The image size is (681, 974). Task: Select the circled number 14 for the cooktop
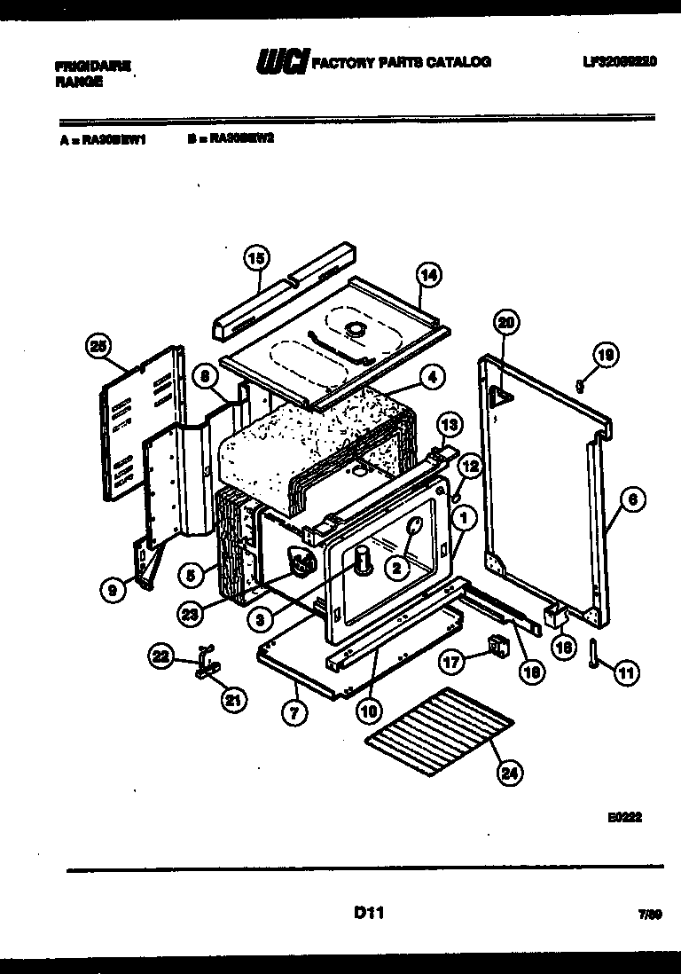pyautogui.click(x=428, y=276)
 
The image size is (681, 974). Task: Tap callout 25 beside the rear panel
pyautogui.click(x=99, y=347)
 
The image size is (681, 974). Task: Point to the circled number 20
pyautogui.click(x=505, y=324)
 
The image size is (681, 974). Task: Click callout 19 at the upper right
pyautogui.click(x=606, y=356)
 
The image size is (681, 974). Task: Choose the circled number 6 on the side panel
pyautogui.click(x=631, y=500)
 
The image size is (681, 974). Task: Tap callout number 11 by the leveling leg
pyautogui.click(x=626, y=673)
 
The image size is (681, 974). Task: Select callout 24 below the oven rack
pyautogui.click(x=508, y=773)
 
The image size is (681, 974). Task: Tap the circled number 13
pyautogui.click(x=449, y=426)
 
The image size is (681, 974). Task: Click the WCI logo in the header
pyautogui.click(x=282, y=62)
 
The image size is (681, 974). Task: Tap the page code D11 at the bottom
pyautogui.click(x=368, y=911)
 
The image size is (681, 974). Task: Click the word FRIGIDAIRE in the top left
pyautogui.click(x=93, y=65)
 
